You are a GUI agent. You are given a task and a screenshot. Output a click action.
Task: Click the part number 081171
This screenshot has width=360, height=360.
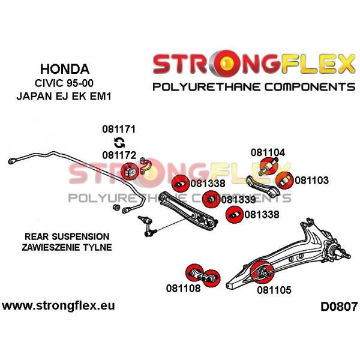(x=119, y=129)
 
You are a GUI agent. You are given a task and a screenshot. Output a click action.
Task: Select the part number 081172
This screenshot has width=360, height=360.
(x=119, y=155)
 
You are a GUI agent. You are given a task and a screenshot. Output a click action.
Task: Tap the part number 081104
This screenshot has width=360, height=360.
(x=268, y=152)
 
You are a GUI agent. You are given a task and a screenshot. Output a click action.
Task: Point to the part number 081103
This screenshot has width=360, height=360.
(x=311, y=180)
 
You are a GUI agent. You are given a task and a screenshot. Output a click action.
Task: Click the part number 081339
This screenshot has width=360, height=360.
(x=238, y=200)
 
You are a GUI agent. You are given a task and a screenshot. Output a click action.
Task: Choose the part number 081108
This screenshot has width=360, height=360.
(x=183, y=288)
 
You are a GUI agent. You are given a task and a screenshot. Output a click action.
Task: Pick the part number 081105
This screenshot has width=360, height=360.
(x=274, y=290)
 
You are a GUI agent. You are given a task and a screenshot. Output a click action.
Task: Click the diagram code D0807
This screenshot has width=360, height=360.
(x=339, y=306)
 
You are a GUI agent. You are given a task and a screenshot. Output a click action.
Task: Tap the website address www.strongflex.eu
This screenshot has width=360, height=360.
(x=58, y=306)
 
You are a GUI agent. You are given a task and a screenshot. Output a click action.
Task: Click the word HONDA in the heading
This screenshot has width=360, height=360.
(x=65, y=69)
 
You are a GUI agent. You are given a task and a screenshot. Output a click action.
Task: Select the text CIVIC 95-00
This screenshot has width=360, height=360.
(x=64, y=83)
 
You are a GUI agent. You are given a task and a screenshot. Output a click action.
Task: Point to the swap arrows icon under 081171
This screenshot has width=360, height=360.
(x=119, y=142)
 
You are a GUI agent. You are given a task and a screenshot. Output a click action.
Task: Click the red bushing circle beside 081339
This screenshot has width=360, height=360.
(x=211, y=199)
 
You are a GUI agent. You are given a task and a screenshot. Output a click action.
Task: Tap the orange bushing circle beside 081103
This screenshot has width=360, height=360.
(x=284, y=181)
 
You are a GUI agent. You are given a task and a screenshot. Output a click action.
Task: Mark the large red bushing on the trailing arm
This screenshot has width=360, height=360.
(x=262, y=272)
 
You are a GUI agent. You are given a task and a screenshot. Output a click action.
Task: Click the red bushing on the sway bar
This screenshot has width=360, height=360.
(x=130, y=171)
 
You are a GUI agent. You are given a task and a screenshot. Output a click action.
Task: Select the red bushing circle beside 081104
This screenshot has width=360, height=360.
(x=269, y=166)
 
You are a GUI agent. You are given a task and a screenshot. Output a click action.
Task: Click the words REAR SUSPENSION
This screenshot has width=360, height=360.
(x=67, y=236)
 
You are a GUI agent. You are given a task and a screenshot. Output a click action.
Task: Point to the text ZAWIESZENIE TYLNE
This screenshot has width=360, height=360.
(x=67, y=247)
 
